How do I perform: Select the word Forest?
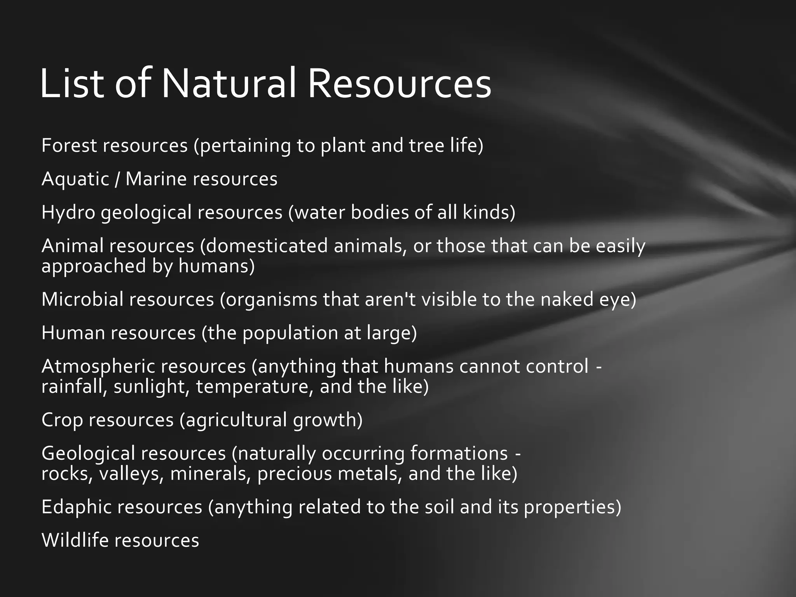click(69, 146)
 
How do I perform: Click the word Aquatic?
click(75, 180)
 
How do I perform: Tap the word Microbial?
click(82, 299)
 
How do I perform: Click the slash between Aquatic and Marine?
click(117, 180)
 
